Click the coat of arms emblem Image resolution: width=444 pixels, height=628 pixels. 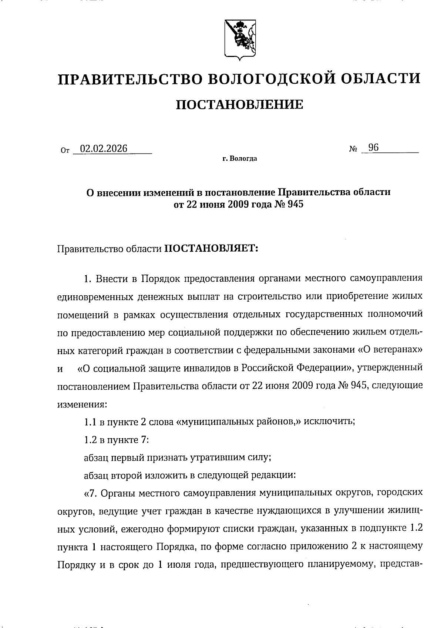239,39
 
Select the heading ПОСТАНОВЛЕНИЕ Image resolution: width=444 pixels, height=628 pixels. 239,105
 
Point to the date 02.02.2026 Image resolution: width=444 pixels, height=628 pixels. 104,148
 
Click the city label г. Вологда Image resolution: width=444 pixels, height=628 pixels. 239,159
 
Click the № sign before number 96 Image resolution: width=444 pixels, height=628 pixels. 353,150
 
